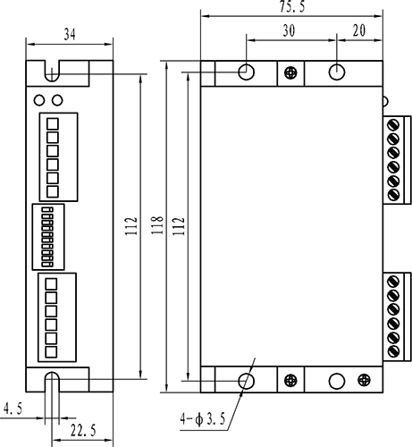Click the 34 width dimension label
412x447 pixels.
coord(70,34)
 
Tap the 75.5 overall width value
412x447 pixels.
coord(292,6)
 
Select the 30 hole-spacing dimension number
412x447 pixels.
coord(289,30)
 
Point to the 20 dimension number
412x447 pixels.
coord(359,30)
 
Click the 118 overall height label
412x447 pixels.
coord(157,225)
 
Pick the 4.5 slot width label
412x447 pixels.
coord(13,409)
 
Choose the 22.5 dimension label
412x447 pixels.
coord(83,430)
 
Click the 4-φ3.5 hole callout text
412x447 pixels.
coord(203,419)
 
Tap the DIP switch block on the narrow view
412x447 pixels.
coord(48,237)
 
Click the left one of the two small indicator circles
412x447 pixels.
coord(39,100)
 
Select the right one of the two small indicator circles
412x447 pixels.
coord(57,100)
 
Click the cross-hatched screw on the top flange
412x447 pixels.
coord(290,72)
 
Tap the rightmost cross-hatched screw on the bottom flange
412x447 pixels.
coord(364,380)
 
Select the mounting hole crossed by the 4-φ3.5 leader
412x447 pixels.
coord(246,381)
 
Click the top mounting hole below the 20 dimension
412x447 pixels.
coord(337,72)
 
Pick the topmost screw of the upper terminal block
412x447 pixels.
coord(393,124)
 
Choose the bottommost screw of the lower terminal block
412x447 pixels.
coord(393,350)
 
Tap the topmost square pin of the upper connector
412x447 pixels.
coord(53,124)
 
